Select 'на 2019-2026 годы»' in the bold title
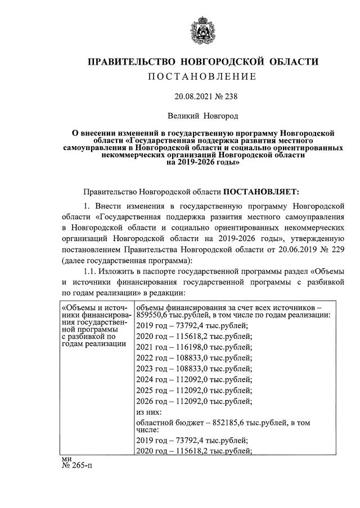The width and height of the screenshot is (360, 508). pyautogui.click(x=203, y=163)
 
